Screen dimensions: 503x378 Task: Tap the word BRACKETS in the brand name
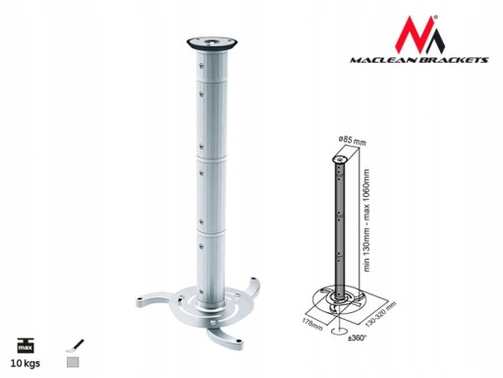click(x=452, y=60)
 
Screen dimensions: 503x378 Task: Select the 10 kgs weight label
click(x=26, y=363)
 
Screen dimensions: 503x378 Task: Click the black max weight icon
click(x=26, y=346)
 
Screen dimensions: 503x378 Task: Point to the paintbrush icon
click(x=75, y=346)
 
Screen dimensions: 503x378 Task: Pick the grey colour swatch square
click(x=73, y=362)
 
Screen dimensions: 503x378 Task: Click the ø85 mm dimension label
click(x=352, y=141)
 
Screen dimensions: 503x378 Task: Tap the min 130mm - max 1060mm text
click(x=366, y=220)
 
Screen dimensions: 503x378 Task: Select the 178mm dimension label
click(x=312, y=324)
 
